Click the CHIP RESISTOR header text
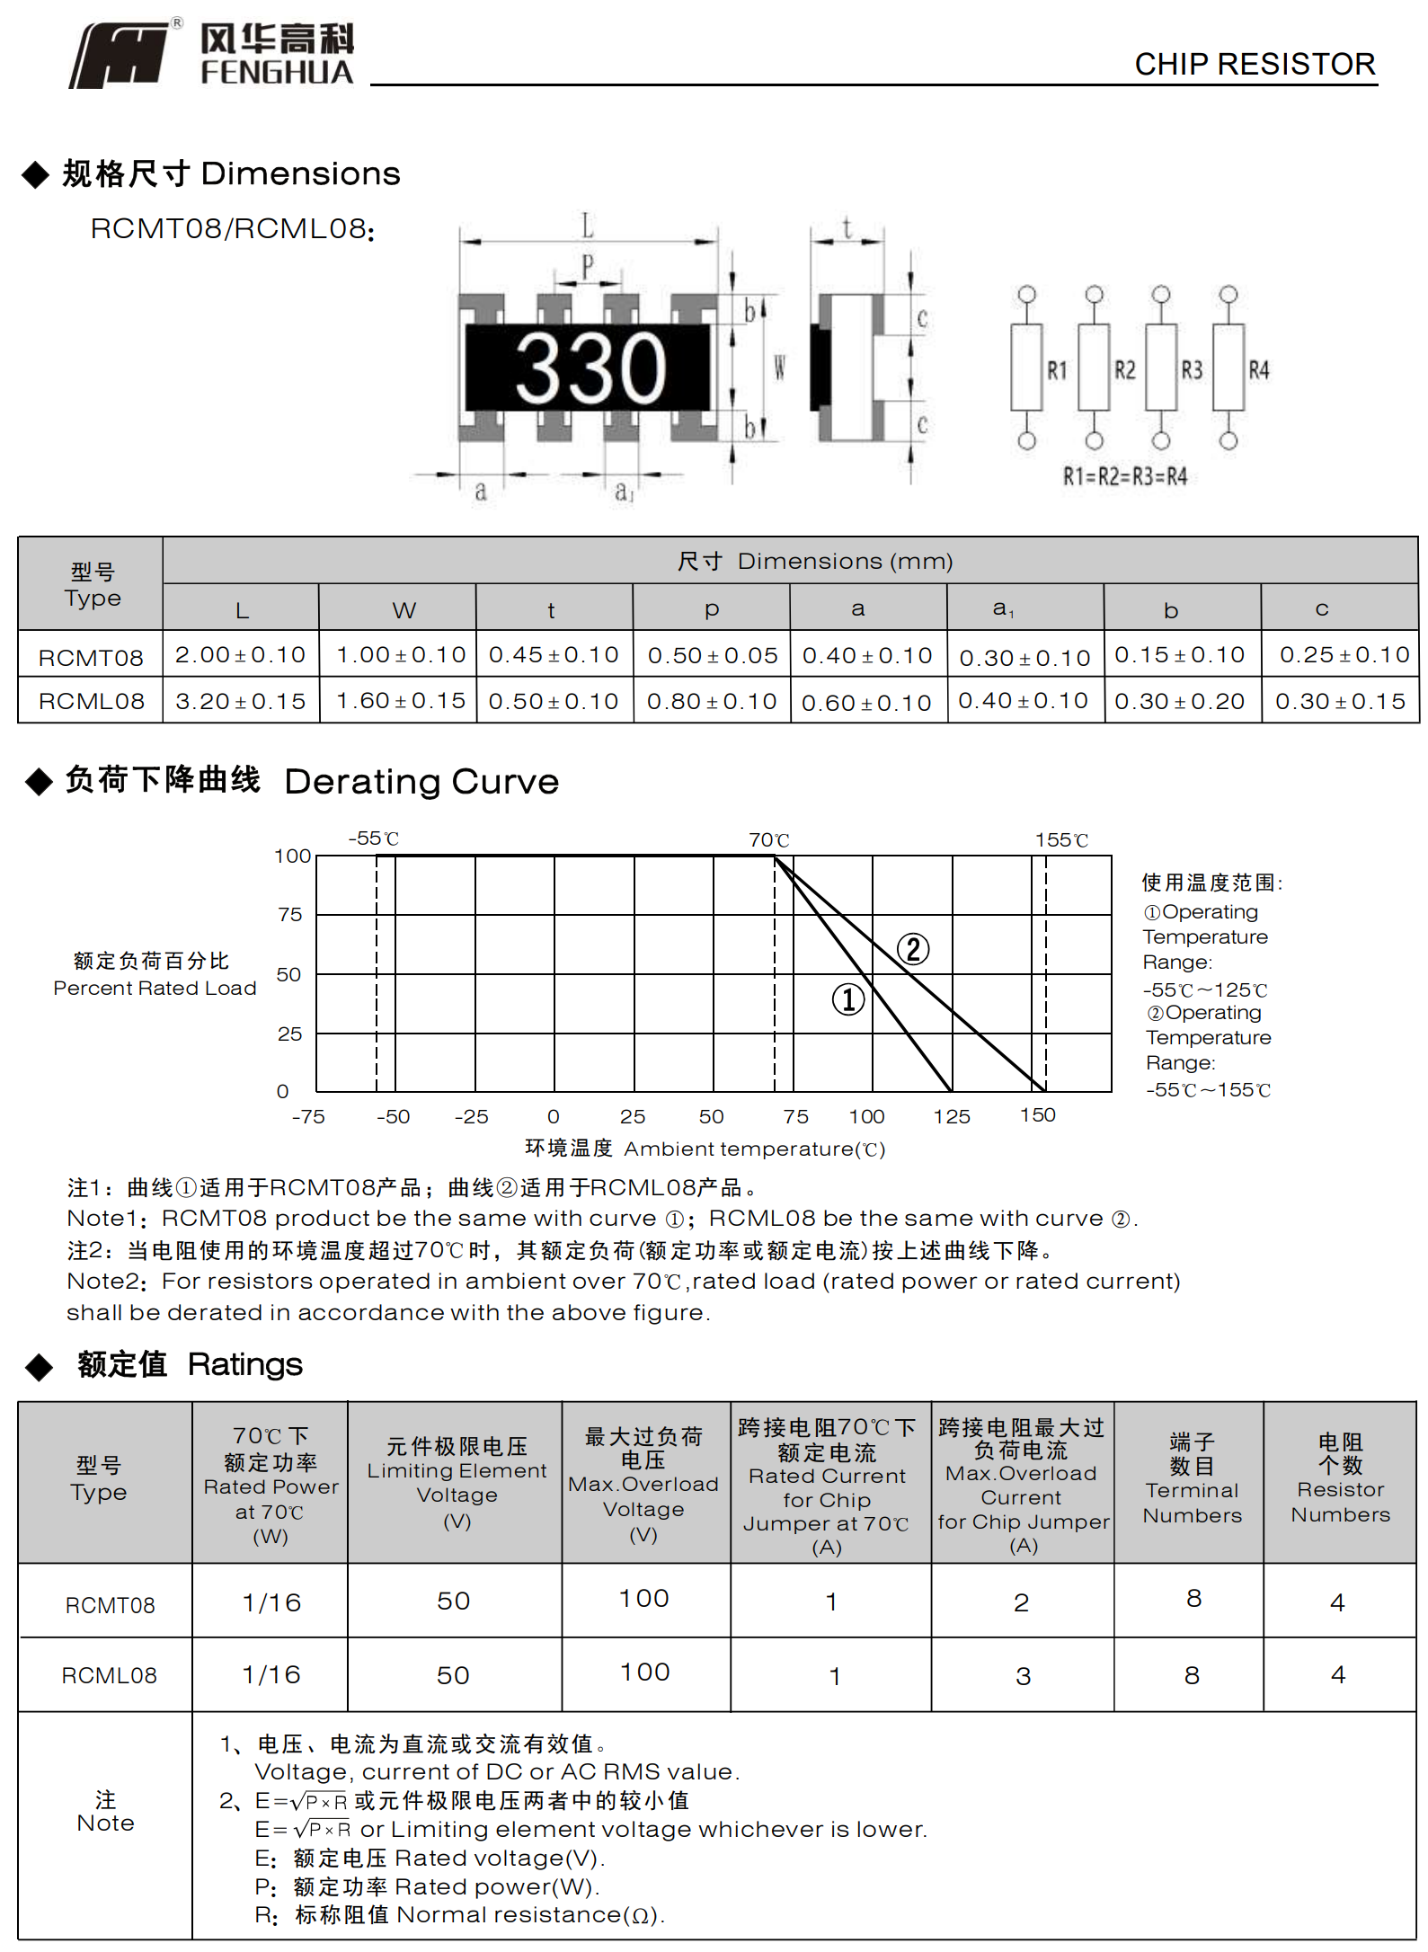(1254, 65)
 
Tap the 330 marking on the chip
(590, 368)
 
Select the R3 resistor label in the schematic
(1192, 370)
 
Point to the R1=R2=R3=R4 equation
(1124, 476)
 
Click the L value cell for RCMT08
(240, 655)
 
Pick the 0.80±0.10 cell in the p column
(712, 701)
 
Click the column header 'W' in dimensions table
(404, 610)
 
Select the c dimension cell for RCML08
(1340, 701)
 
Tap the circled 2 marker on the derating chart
(913, 949)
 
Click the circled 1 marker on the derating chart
(847, 999)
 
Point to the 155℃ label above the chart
(1061, 840)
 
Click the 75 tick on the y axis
(289, 915)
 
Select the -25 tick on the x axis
(471, 1116)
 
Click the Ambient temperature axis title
(705, 1149)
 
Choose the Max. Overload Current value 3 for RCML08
(1023, 1676)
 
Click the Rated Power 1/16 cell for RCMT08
(271, 1602)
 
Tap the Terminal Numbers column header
(1192, 1478)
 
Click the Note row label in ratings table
(105, 1811)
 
